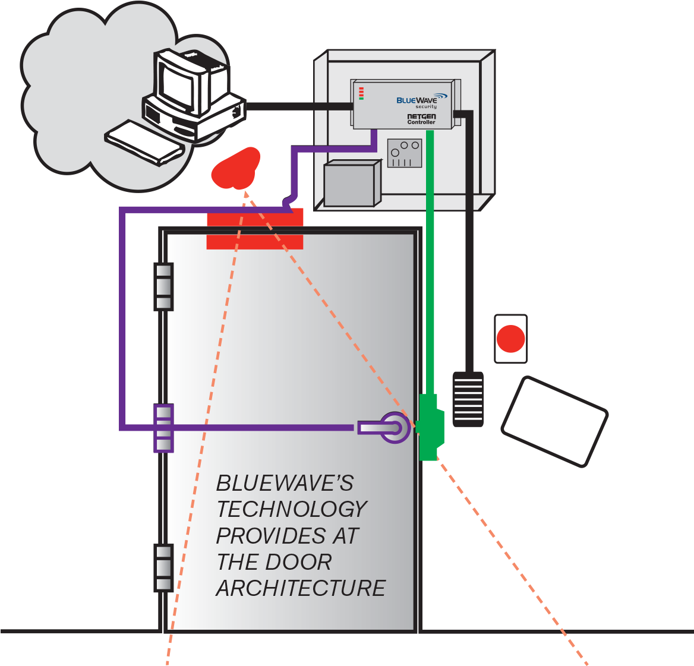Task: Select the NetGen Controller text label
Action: point(421,119)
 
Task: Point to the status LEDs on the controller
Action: point(361,93)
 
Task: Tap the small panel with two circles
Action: point(405,153)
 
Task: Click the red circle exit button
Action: point(510,339)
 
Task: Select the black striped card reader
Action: point(468,399)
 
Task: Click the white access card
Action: point(554,420)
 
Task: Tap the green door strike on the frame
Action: point(430,426)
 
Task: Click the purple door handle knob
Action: point(394,427)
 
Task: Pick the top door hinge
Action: point(163,286)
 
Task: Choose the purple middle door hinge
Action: point(163,428)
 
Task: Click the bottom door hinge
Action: point(163,567)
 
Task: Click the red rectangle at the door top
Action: point(255,229)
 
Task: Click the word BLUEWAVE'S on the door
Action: point(285,483)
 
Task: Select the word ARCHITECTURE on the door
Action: point(301,588)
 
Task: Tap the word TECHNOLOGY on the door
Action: point(292,509)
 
